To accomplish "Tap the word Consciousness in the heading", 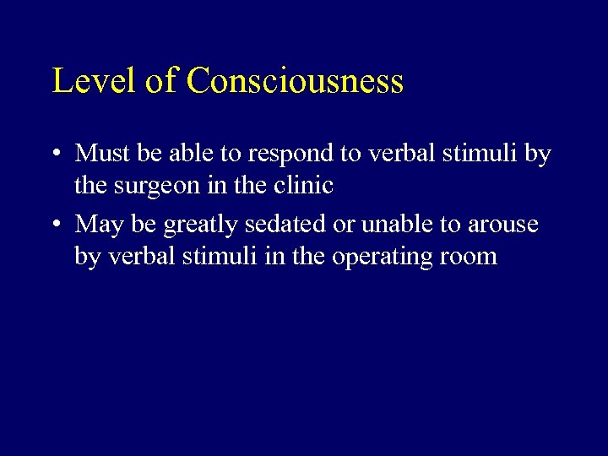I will point(295,81).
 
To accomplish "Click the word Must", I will point(100,154).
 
